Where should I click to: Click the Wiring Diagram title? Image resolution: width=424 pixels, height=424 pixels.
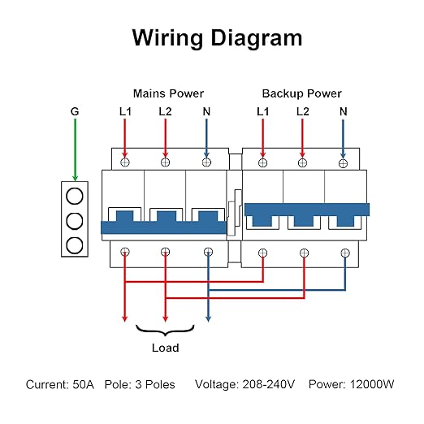pyautogui.click(x=217, y=38)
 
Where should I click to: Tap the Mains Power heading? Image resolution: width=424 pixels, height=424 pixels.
pyautogui.click(x=168, y=93)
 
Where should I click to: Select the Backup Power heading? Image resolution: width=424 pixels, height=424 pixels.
pyautogui.click(x=301, y=93)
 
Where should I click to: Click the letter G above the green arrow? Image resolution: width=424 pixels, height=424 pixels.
pyautogui.click(x=75, y=111)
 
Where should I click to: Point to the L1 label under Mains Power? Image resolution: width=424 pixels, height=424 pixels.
pyautogui.click(x=125, y=111)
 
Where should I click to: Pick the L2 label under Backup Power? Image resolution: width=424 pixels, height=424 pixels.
pyautogui.click(x=302, y=111)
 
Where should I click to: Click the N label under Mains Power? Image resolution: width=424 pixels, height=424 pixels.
pyautogui.click(x=206, y=111)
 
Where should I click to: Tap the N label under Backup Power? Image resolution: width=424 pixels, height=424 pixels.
pyautogui.click(x=344, y=111)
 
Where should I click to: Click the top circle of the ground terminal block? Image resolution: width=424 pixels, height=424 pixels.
pyautogui.click(x=75, y=196)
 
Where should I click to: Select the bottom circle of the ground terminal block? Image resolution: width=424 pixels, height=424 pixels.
pyautogui.click(x=75, y=245)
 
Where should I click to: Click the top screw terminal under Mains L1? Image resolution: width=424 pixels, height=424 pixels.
pyautogui.click(x=125, y=162)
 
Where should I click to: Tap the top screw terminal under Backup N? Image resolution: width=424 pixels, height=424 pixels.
pyautogui.click(x=343, y=163)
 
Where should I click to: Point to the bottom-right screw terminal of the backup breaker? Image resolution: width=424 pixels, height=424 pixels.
pyautogui.click(x=345, y=253)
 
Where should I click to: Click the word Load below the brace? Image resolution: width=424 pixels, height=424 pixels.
pyautogui.click(x=166, y=348)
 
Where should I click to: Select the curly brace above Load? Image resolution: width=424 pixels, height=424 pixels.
pyautogui.click(x=165, y=331)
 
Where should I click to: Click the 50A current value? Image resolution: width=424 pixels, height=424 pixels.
pyautogui.click(x=84, y=384)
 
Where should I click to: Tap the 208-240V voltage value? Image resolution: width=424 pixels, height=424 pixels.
pyautogui.click(x=268, y=384)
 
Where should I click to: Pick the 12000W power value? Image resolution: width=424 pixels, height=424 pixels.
pyautogui.click(x=372, y=384)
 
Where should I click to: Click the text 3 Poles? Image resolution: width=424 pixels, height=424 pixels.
pyautogui.click(x=155, y=384)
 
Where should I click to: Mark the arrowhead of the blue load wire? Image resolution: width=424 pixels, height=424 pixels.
pyautogui.click(x=208, y=318)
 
